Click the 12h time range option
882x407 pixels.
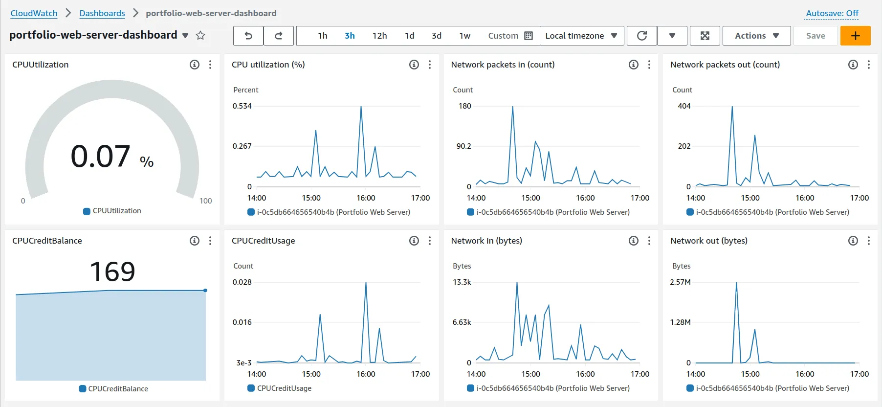pos(379,36)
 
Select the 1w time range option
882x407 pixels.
pos(464,36)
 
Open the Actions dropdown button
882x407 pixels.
pos(756,36)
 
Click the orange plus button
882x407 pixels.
pos(855,36)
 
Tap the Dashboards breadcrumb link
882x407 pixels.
pos(102,13)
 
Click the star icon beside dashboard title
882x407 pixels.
pos(200,35)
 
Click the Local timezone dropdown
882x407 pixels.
pos(581,36)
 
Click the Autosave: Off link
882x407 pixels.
pos(832,13)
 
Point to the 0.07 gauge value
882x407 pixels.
pos(101,157)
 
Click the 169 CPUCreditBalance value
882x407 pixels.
pos(112,271)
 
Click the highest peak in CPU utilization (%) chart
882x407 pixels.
pos(361,107)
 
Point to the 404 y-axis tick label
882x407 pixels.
pos(684,106)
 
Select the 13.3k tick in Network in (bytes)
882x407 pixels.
pos(462,282)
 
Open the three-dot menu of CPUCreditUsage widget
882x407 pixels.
pos(430,241)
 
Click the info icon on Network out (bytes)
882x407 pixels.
pos(853,241)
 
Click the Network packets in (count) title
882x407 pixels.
pos(503,65)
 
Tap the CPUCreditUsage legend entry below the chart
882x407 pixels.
pos(284,388)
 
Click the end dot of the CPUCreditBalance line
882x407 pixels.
pos(205,291)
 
